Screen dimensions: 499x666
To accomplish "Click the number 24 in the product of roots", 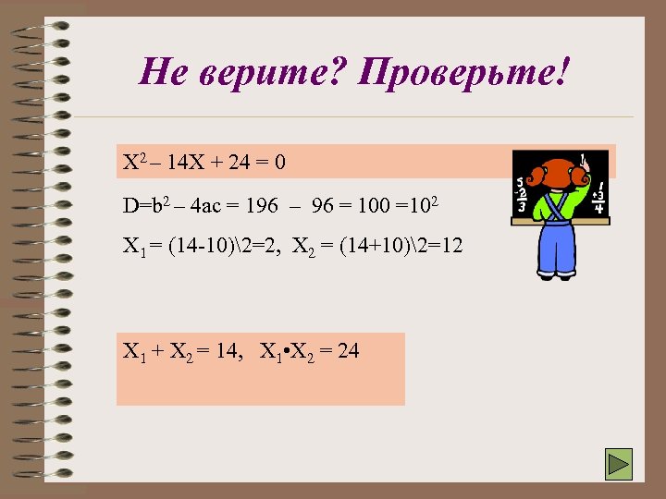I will [348, 351].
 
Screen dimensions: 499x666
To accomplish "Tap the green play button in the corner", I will [618, 464].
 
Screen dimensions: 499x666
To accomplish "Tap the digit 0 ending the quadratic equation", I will [279, 164].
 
